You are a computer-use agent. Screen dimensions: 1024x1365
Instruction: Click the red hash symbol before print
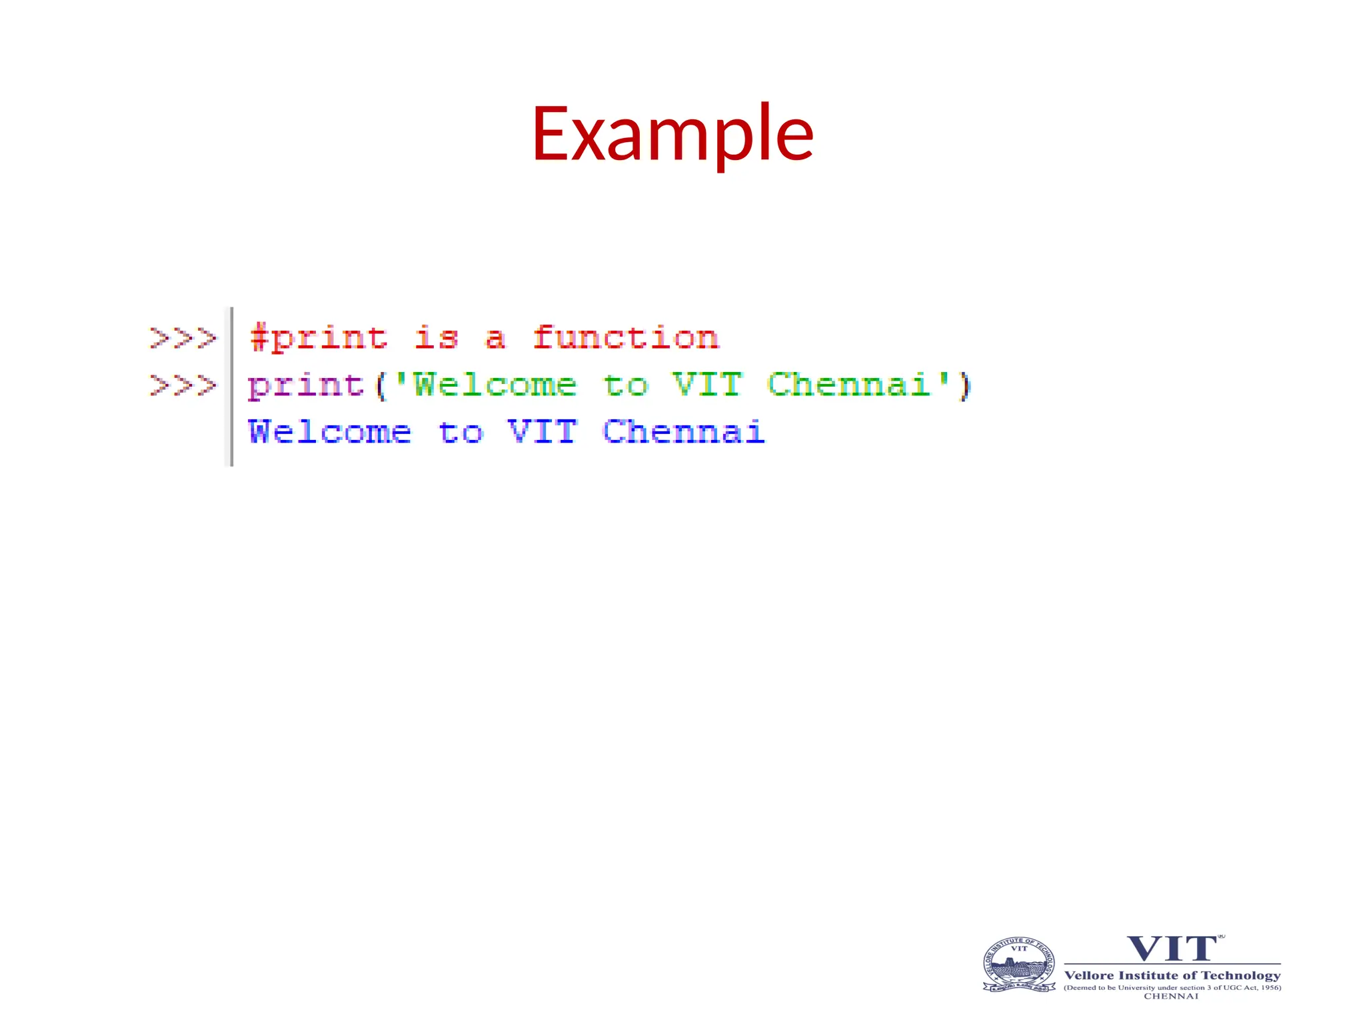point(258,337)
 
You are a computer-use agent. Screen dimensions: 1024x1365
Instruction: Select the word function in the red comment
point(625,337)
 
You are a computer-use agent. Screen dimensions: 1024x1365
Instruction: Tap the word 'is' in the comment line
point(437,337)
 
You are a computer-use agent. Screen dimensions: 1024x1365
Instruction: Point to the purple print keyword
point(306,386)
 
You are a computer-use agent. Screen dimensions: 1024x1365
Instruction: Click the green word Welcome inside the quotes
point(495,385)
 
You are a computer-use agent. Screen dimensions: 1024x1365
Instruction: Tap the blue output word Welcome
point(330,432)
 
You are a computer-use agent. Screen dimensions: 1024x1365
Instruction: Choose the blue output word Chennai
point(683,432)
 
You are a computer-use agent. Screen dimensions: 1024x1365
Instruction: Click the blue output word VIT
point(542,432)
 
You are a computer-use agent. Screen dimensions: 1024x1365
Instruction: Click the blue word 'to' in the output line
point(461,433)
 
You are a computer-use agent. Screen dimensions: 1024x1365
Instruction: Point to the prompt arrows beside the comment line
point(183,338)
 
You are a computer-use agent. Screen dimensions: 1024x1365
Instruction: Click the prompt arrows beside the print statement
point(183,385)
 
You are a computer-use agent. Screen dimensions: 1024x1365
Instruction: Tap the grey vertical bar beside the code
point(231,387)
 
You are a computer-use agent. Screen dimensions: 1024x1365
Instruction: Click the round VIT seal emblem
point(1019,965)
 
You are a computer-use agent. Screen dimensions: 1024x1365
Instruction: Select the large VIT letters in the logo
point(1172,949)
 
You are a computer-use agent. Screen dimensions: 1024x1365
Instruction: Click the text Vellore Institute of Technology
point(1172,975)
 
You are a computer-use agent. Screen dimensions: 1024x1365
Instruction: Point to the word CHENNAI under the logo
point(1171,996)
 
